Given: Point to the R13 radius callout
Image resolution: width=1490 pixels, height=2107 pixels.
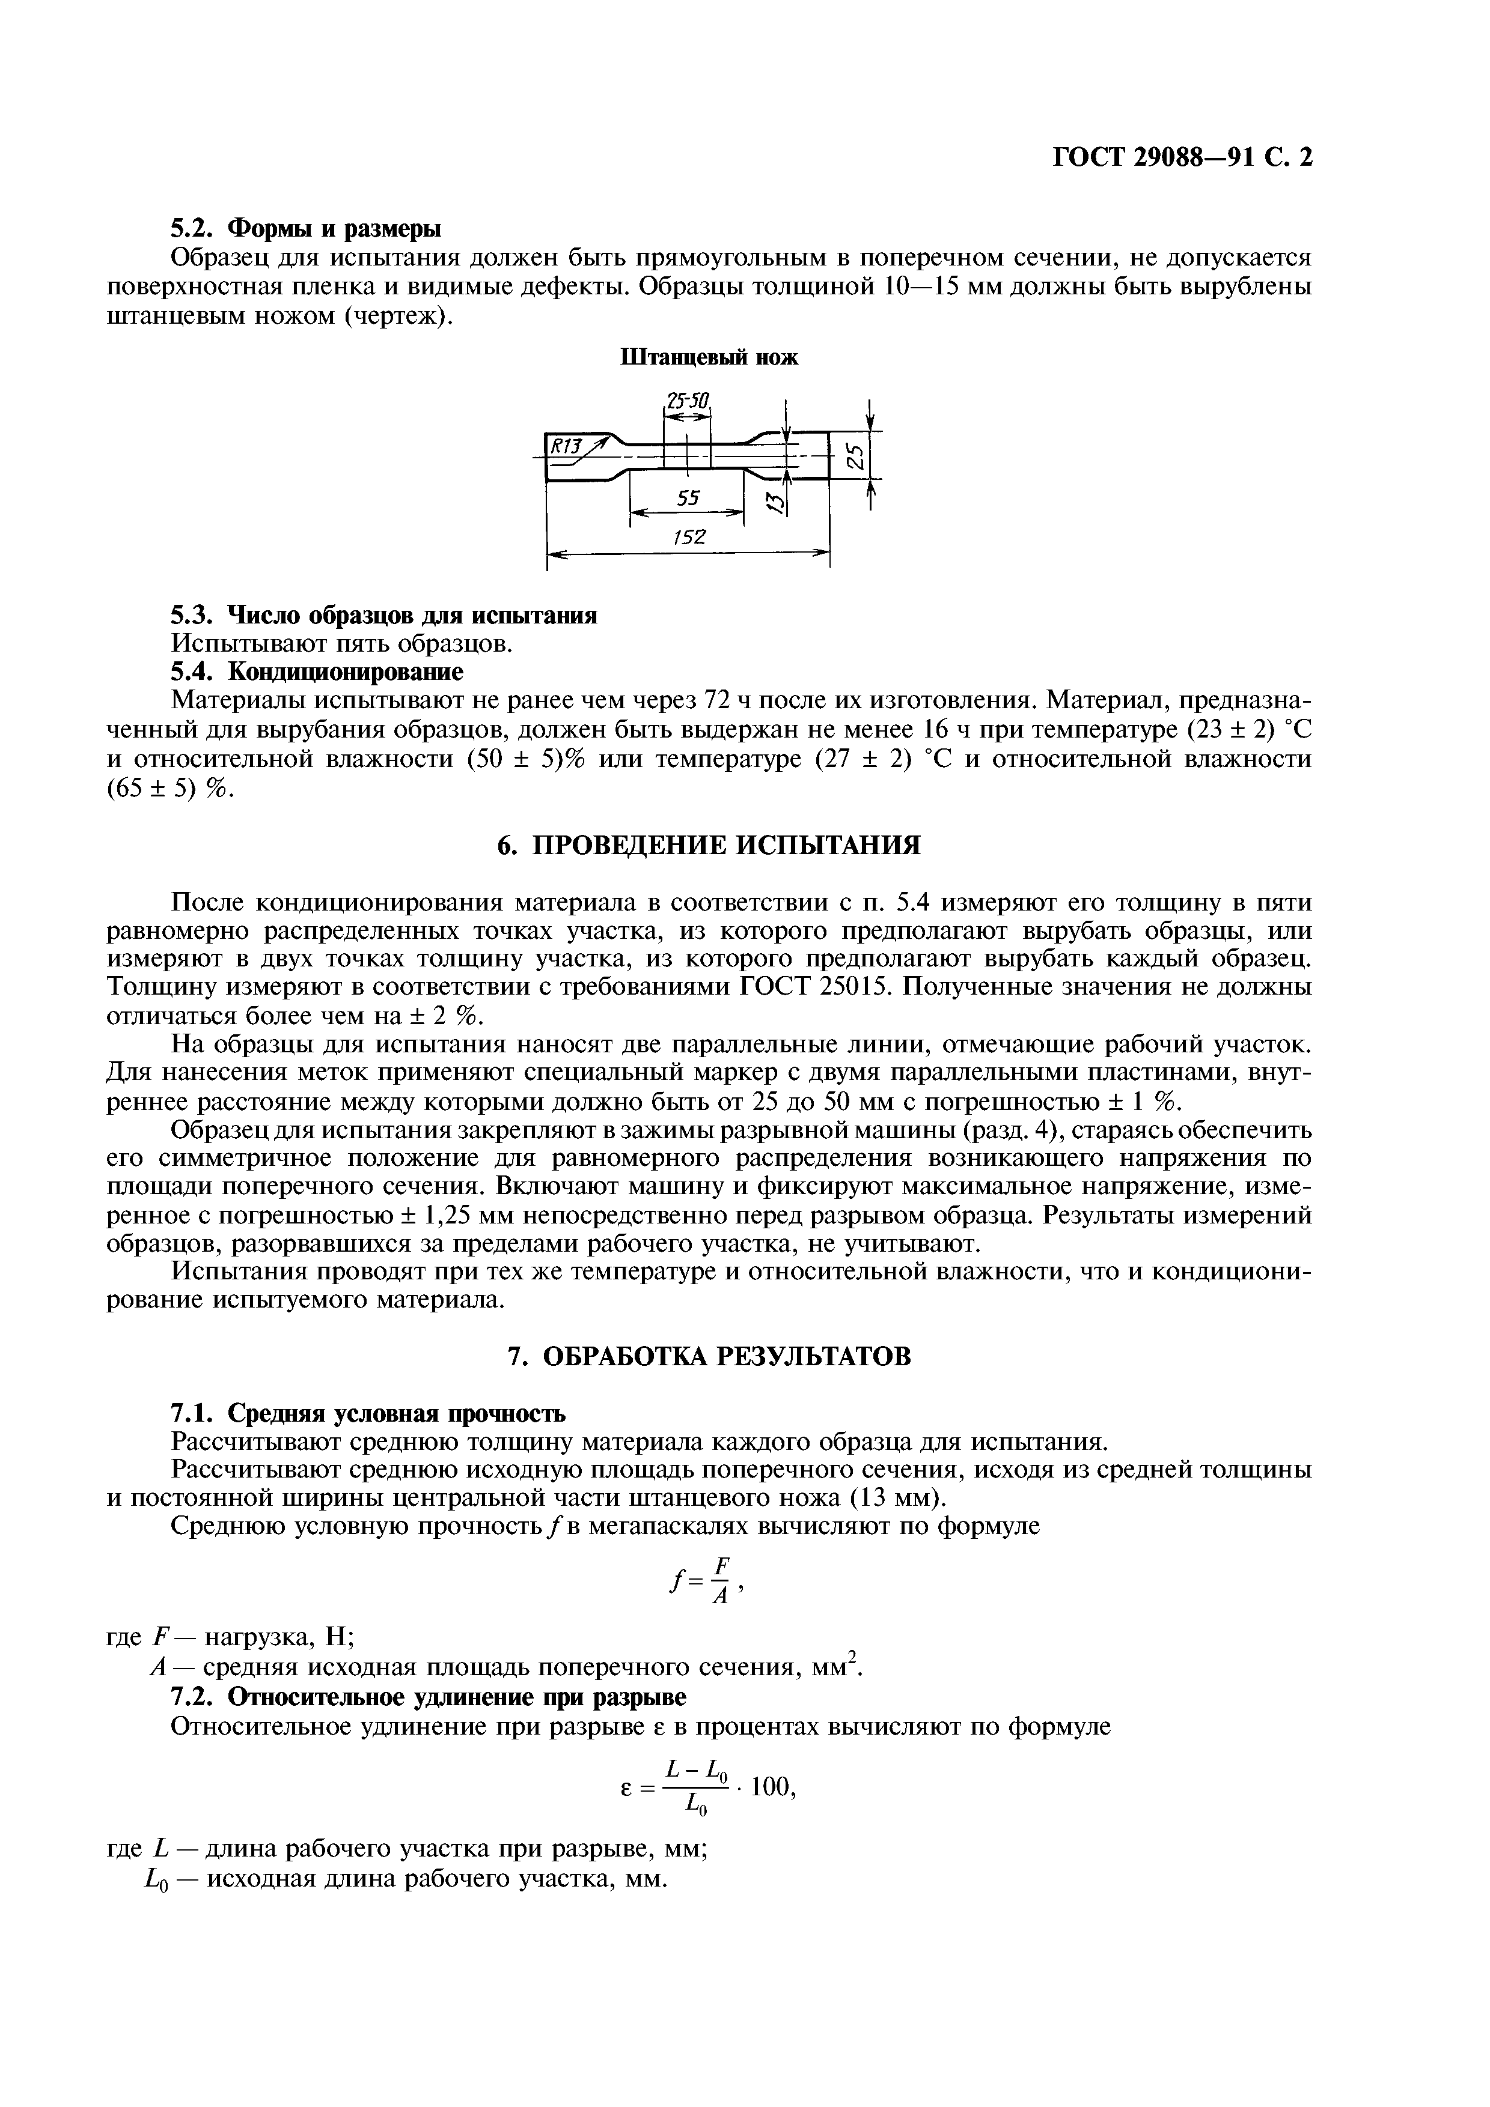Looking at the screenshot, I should [x=566, y=447].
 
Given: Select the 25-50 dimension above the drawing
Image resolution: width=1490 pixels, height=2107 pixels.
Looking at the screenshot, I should [x=688, y=402].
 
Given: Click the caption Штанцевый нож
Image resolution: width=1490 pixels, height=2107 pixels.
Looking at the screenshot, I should [x=710, y=358].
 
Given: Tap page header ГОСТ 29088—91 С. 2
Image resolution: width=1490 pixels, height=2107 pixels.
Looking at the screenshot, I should [x=1182, y=158].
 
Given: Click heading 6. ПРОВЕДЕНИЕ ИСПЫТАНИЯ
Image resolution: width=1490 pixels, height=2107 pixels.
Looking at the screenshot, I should [x=709, y=845].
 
